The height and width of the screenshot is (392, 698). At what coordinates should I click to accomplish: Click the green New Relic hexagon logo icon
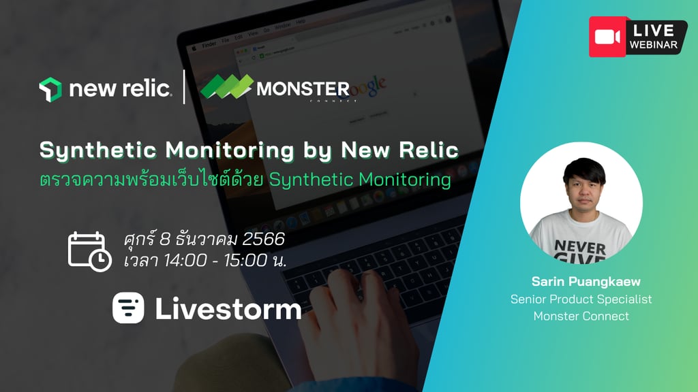point(50,89)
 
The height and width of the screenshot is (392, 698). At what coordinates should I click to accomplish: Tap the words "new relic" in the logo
point(120,88)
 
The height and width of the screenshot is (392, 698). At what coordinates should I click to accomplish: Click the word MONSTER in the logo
point(303,89)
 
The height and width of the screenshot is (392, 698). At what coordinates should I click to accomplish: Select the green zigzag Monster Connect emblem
point(226,86)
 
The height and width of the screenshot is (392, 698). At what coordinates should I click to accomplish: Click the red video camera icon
point(607,37)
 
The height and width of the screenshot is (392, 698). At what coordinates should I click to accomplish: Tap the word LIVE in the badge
point(654,30)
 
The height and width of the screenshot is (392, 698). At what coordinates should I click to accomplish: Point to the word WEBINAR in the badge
point(654,45)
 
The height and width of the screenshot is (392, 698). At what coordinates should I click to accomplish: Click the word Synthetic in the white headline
point(98,150)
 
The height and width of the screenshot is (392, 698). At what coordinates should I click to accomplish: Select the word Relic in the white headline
point(429,149)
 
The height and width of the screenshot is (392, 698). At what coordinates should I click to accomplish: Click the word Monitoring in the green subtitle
point(405,180)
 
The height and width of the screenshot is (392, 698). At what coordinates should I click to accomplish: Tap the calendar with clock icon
point(89,252)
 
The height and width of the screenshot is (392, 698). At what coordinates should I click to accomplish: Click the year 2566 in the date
point(264,239)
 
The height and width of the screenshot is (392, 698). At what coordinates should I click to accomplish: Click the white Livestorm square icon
point(128,308)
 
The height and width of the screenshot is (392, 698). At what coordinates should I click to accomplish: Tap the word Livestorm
point(228,309)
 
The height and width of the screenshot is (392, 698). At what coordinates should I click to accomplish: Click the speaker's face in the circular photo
point(584,189)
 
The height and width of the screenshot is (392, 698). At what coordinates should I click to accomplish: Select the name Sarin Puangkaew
point(586,281)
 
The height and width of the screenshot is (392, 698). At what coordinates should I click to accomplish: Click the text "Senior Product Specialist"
point(581,299)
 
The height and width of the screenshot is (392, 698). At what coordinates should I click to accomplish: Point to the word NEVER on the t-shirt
point(580,247)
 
